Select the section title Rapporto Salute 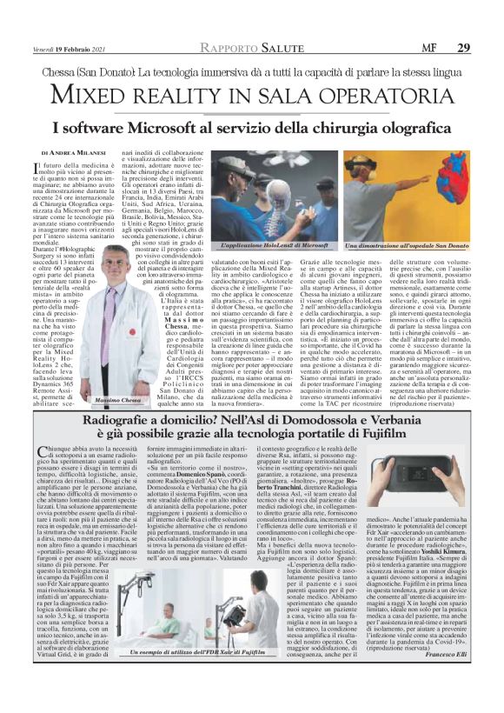coord(251,48)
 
